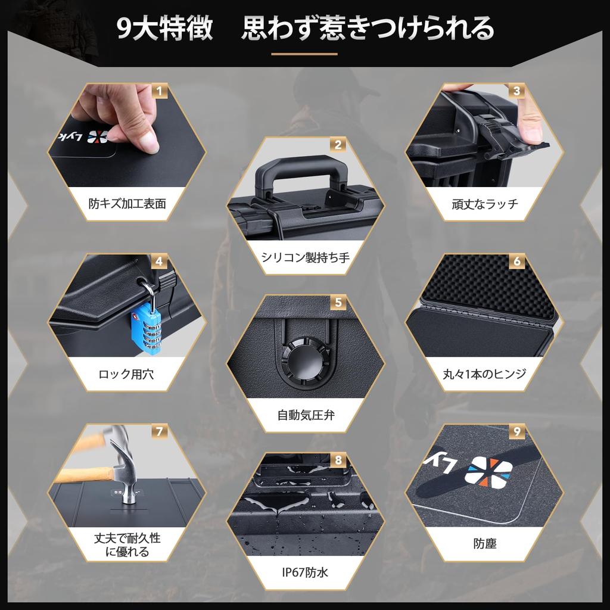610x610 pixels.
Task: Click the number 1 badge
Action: [160, 91]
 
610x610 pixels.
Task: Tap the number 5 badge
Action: [338, 303]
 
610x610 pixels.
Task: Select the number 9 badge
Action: [516, 432]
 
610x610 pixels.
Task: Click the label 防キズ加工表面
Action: [127, 204]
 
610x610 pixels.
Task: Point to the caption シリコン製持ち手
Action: [306, 257]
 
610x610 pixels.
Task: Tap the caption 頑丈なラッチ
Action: [484, 204]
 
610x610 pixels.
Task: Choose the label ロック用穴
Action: [127, 374]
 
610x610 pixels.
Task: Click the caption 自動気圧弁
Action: [306, 414]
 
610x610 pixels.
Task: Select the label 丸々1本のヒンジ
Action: [484, 374]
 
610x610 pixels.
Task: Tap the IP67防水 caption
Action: [306, 572]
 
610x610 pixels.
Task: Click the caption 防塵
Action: [484, 543]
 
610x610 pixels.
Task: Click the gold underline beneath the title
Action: [304, 54]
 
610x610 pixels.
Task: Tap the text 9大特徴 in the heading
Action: [164, 29]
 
